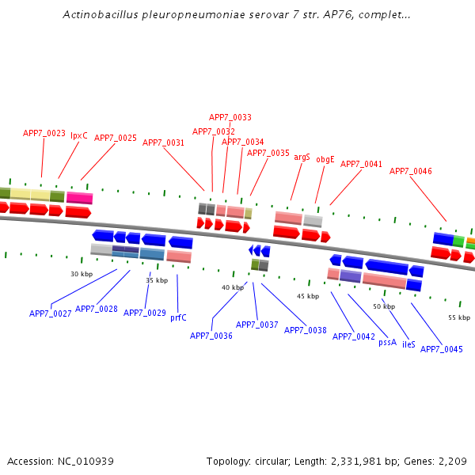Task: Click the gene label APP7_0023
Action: [x=44, y=133]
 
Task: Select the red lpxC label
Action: [x=79, y=135]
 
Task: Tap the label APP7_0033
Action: [x=230, y=117]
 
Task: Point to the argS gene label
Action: [x=302, y=157]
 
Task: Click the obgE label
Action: [x=325, y=159]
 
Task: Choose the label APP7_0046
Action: [x=411, y=171]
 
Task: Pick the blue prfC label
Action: [x=178, y=317]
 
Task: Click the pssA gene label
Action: [x=387, y=342]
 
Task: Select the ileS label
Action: [x=408, y=344]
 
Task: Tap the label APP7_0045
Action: [x=442, y=349]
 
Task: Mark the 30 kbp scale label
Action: [x=82, y=274]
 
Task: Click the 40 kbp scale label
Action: [x=233, y=287]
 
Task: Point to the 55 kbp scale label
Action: [x=459, y=317]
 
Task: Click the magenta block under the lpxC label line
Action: [x=79, y=197]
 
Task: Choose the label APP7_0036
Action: [x=211, y=336]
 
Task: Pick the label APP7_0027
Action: [x=51, y=313]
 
